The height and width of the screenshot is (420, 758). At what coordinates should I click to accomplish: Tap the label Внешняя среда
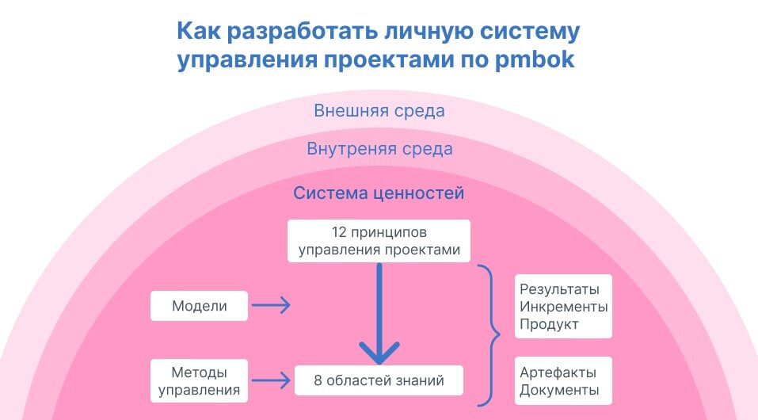pos(379,111)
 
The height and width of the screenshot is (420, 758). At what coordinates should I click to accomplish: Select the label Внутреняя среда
pos(379,149)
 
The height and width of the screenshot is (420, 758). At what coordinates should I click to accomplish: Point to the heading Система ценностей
pos(379,193)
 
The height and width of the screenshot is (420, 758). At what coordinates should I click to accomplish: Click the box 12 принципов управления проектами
pos(379,241)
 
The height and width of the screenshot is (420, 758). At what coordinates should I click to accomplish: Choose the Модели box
pos(199,306)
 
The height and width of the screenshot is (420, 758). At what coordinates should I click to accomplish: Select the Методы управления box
pos(199,380)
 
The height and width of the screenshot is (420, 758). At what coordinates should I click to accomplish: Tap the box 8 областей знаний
pos(379,380)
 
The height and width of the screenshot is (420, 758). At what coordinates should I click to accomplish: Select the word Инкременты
pos(563,306)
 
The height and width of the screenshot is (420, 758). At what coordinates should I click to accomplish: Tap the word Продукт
pos(549,324)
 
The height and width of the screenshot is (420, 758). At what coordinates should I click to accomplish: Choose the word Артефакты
pos(558,372)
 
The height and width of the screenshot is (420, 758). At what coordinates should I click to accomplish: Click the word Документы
pos(559,390)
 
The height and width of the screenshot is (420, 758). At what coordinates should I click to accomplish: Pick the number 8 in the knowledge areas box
pos(318,380)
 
